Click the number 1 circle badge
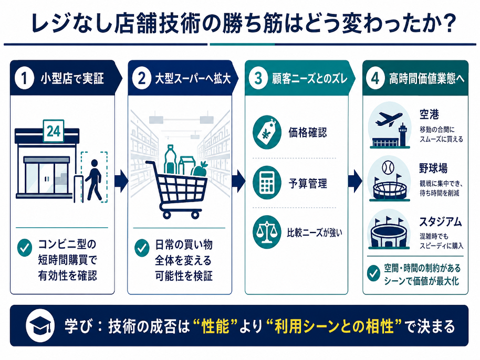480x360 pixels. [24, 78]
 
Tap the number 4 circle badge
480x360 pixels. [375, 78]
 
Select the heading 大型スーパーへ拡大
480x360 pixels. [193, 79]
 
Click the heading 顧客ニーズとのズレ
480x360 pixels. [310, 79]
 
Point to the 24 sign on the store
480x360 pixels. [54, 131]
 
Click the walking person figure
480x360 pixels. [93, 179]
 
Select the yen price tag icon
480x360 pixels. [267, 132]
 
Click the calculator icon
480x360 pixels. [267, 183]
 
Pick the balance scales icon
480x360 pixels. [267, 232]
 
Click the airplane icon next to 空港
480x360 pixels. [389, 119]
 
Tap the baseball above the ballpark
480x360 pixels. [388, 167]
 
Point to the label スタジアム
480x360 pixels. [441, 222]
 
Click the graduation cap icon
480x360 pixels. [40, 325]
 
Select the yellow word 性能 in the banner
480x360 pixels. [215, 326]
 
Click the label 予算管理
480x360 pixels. [308, 183]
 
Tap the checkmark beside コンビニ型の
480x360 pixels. [25, 248]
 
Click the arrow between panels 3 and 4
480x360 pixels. [355, 182]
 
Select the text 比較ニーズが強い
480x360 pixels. [315, 233]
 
